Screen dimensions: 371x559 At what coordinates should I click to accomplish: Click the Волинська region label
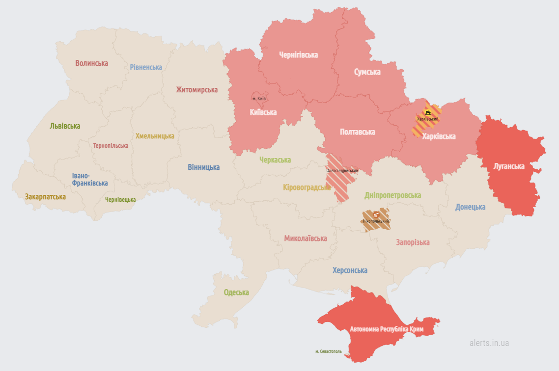(x=91, y=63)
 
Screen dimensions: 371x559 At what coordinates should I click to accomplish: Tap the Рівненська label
(x=146, y=67)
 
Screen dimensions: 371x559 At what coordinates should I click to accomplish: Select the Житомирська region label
(x=196, y=90)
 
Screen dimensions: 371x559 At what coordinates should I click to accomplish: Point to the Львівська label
(x=65, y=126)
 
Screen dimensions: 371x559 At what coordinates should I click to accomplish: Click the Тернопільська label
(x=111, y=146)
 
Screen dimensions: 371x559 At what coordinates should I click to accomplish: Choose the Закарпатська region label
(x=45, y=196)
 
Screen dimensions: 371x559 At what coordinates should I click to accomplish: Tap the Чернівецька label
(x=120, y=200)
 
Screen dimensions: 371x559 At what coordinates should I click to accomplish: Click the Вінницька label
(x=203, y=167)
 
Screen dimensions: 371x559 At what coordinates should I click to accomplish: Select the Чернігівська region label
(x=298, y=55)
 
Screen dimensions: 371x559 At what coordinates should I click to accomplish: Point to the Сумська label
(x=367, y=72)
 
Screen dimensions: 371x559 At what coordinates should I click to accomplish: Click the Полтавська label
(x=357, y=132)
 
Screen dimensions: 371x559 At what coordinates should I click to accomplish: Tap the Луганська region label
(x=509, y=166)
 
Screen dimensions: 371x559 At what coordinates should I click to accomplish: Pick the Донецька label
(x=470, y=207)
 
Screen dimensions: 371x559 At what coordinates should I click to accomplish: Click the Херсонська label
(x=350, y=270)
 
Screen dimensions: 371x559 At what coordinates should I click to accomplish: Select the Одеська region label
(x=236, y=292)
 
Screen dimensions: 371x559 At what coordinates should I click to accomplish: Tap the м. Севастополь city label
(x=332, y=352)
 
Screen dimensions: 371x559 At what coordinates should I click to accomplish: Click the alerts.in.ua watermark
(x=489, y=343)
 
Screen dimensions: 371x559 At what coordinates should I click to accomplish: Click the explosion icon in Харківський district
(x=427, y=112)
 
